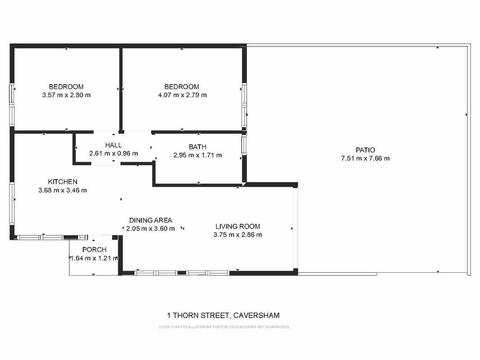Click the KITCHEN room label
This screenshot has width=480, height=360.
tap(63, 182)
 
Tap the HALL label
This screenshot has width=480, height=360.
tap(113, 145)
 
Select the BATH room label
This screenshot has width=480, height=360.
tap(198, 147)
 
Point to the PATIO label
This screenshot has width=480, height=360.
tap(365, 150)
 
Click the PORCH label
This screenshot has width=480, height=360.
tap(94, 250)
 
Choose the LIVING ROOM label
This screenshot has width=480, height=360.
tap(238, 226)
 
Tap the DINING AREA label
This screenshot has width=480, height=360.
tap(150, 220)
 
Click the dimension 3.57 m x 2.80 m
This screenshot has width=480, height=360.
tap(67, 95)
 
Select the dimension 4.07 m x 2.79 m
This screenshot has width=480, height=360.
tap(182, 95)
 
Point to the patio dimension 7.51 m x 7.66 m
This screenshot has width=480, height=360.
tap(365, 158)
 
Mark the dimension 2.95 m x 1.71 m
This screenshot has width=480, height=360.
tap(198, 155)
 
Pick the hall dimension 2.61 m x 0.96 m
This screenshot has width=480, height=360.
tap(113, 153)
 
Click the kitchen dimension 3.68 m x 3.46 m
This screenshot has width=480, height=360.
tap(63, 190)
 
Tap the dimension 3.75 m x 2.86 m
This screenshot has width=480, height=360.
tap(238, 234)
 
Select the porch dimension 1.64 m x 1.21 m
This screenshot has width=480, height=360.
tap(94, 258)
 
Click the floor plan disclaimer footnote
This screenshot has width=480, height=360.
tap(224, 327)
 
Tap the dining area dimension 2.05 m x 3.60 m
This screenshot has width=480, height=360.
tap(150, 229)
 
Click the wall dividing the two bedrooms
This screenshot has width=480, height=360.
tap(121, 89)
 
